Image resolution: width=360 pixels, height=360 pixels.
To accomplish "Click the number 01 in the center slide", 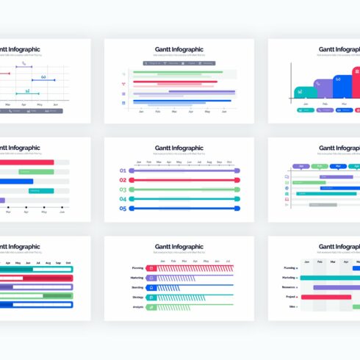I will pos(123,170).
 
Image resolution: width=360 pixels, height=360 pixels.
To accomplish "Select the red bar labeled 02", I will pos(184,180).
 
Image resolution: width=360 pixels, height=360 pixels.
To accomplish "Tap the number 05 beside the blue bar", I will pos(123,209).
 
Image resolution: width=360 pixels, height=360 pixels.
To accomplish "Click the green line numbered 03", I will pos(184,190).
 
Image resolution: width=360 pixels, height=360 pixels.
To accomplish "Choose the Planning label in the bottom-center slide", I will pos(137,268).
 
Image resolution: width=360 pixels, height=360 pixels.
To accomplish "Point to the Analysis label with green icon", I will pos(137,306).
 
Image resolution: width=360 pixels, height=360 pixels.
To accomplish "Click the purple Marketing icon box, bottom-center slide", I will pos(151,278).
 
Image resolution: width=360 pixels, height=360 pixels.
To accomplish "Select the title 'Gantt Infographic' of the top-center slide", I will pos(179,49).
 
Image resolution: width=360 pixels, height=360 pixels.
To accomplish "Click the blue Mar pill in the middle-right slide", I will pos(339,167).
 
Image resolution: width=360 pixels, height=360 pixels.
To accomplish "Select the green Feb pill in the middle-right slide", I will pos(320,167).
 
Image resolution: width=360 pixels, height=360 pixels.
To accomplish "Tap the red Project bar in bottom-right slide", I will pos(331,297).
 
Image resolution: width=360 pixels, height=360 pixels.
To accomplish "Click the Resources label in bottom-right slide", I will pos(289,287).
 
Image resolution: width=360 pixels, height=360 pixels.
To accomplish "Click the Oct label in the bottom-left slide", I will pos(68,262).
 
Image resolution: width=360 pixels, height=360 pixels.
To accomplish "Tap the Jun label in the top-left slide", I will pos(55,105).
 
